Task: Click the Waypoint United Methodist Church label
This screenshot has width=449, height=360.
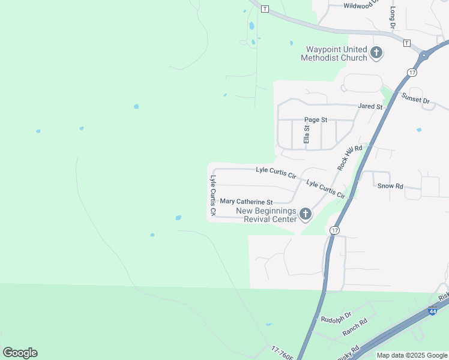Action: pyautogui.click(x=336, y=53)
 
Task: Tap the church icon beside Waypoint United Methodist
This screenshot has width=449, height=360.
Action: pyautogui.click(x=376, y=53)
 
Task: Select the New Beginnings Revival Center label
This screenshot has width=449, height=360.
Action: pyautogui.click(x=267, y=215)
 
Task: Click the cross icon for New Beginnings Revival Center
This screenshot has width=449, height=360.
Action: pyautogui.click(x=306, y=214)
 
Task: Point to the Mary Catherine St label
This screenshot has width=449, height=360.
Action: pyautogui.click(x=246, y=202)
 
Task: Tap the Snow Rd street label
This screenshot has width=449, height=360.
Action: pyautogui.click(x=390, y=187)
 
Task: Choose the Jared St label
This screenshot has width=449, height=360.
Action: pyautogui.click(x=370, y=107)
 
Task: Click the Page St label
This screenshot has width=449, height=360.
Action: pyautogui.click(x=315, y=120)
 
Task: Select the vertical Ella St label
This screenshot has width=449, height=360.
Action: pyautogui.click(x=306, y=133)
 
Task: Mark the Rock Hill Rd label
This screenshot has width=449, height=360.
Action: pyautogui.click(x=350, y=157)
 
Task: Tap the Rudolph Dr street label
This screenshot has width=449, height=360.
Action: pyautogui.click(x=335, y=319)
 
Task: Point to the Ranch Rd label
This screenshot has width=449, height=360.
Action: pyautogui.click(x=354, y=328)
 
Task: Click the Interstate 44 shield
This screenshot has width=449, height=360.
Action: pyautogui.click(x=433, y=311)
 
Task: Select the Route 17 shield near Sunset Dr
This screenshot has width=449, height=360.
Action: pyautogui.click(x=411, y=73)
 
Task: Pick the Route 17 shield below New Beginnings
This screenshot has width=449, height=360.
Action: pyautogui.click(x=335, y=230)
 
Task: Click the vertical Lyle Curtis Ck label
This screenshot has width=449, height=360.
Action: pyautogui.click(x=212, y=196)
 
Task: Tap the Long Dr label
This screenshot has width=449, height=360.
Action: pyautogui.click(x=393, y=18)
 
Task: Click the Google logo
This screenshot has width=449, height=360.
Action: pyautogui.click(x=20, y=353)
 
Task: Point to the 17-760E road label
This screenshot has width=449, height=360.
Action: pyautogui.click(x=282, y=353)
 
